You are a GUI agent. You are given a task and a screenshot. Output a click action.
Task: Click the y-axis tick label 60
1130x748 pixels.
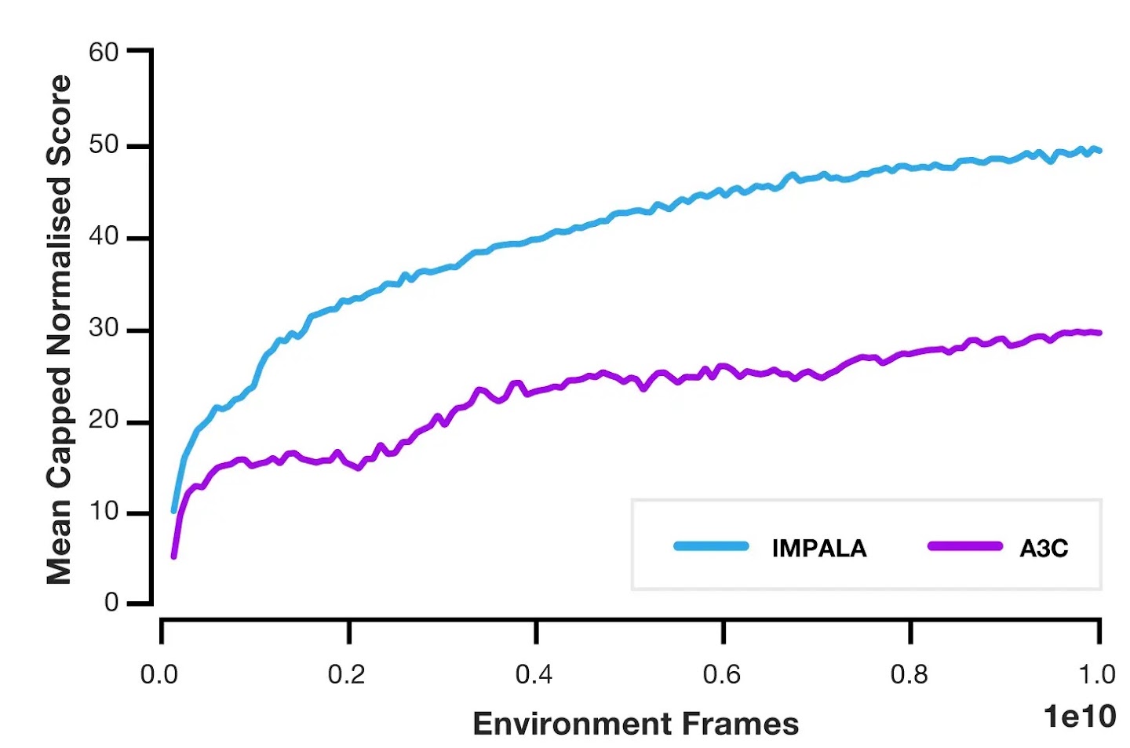click(104, 53)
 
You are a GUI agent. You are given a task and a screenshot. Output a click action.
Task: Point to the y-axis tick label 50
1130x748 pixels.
click(104, 145)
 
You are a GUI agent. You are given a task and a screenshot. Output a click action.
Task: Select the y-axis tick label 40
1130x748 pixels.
click(104, 236)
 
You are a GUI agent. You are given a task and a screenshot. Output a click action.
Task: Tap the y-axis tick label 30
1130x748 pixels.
click(104, 328)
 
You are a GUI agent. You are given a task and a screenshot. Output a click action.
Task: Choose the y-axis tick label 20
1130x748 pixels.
click(104, 420)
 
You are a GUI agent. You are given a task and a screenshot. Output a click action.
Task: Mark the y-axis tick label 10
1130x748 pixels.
click(104, 512)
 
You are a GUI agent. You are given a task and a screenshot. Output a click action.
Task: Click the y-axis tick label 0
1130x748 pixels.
click(111, 603)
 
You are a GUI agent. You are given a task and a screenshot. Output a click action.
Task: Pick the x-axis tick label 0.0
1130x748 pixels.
click(159, 674)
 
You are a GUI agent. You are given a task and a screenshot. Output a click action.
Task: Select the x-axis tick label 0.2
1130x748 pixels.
click(346, 674)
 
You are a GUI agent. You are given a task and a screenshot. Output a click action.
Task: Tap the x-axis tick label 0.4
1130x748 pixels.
click(534, 674)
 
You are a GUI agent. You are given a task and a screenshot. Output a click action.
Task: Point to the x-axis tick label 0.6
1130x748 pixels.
click(721, 674)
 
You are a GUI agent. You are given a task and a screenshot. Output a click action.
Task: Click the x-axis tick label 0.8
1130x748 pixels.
click(909, 674)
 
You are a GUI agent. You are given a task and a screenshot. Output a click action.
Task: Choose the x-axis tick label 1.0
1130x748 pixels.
click(1096, 674)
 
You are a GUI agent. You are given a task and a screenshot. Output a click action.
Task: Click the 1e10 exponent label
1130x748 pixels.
click(1079, 716)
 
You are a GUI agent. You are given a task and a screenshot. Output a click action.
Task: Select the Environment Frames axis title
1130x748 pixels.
click(636, 724)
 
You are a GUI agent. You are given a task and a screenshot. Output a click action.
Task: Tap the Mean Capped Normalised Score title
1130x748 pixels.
click(60, 330)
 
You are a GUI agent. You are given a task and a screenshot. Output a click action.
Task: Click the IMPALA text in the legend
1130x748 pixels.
click(819, 548)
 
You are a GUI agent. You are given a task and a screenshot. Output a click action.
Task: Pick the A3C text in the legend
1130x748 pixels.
click(1044, 548)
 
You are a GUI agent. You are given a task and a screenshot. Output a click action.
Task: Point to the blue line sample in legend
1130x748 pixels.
click(711, 546)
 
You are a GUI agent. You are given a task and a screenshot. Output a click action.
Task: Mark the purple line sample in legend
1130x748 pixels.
click(964, 546)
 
